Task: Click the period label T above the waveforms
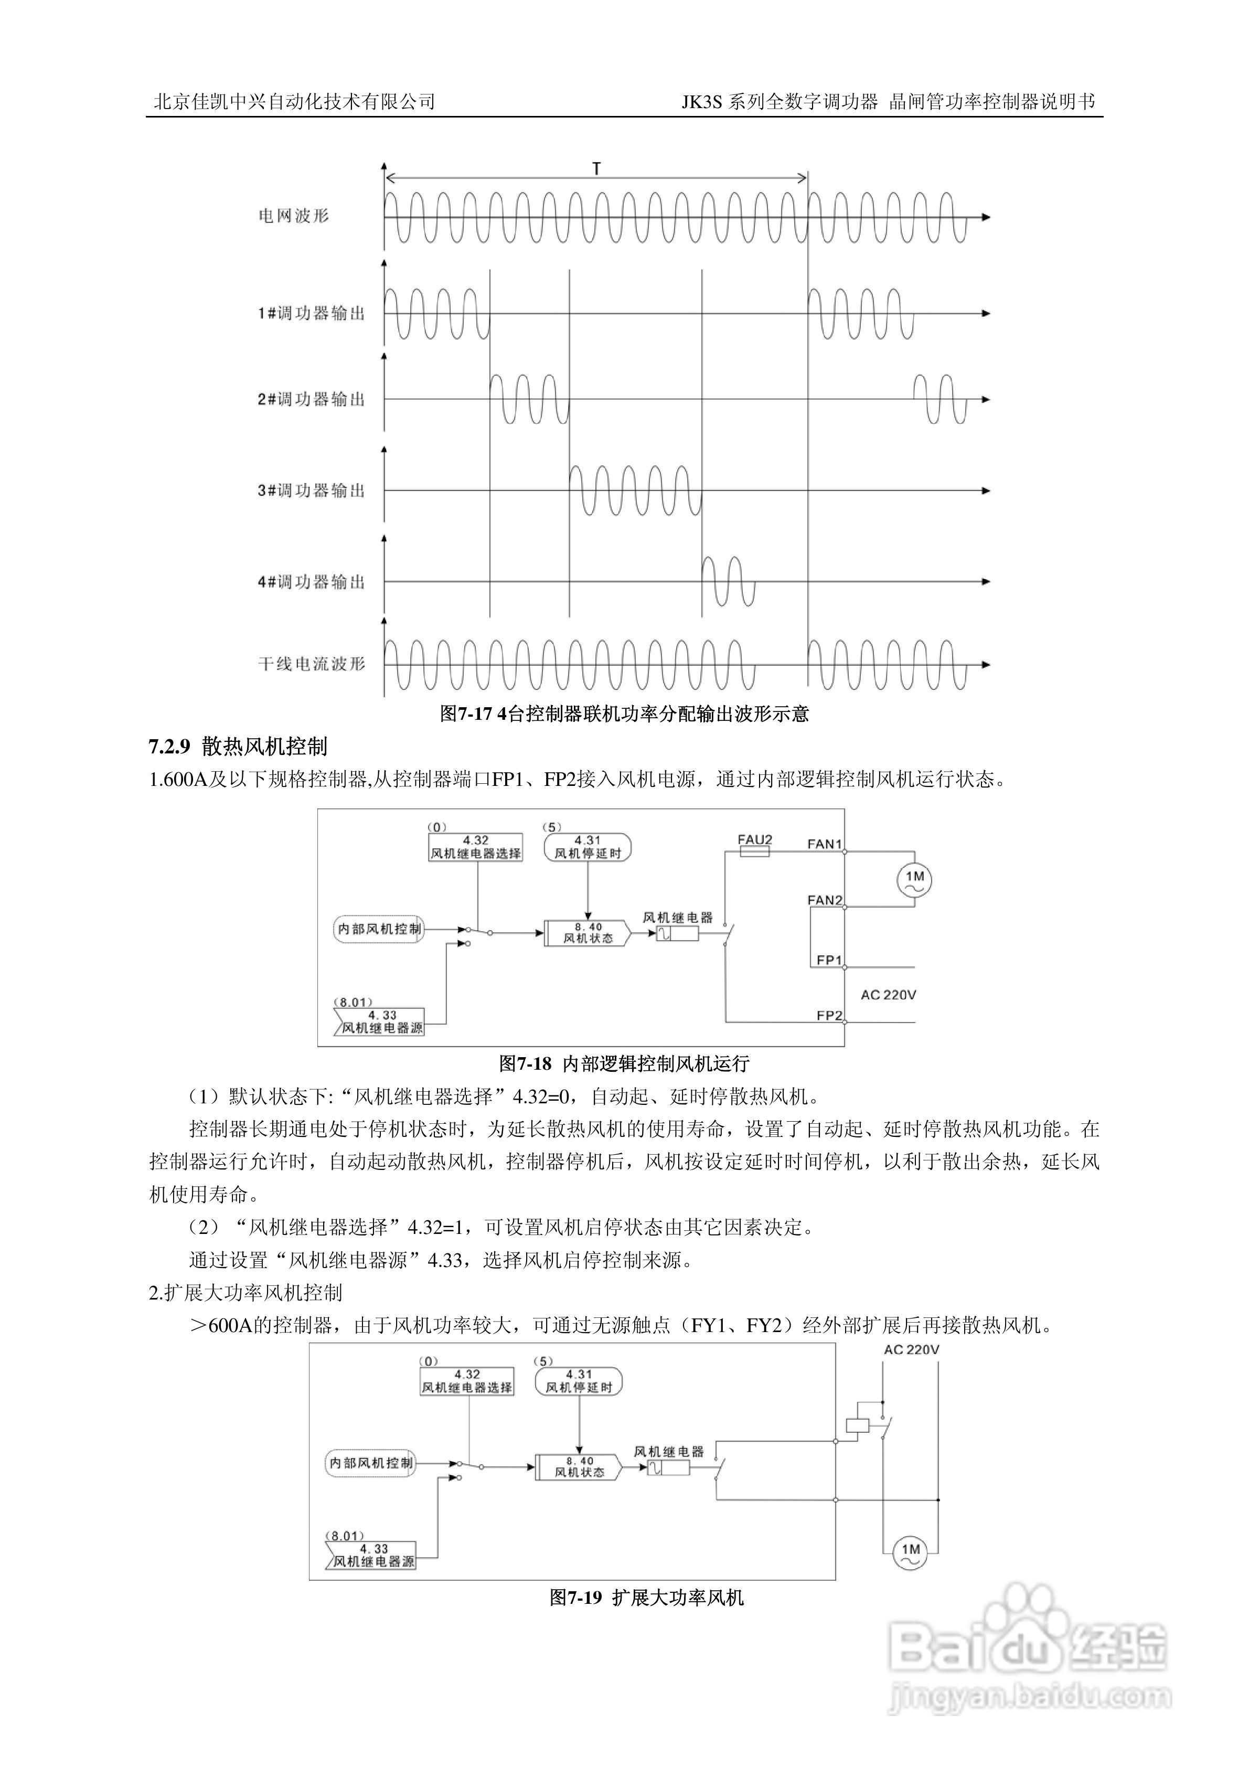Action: [x=596, y=168]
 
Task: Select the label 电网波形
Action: [x=294, y=216]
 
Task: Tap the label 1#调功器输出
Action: [x=311, y=313]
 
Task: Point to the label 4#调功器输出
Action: [x=311, y=582]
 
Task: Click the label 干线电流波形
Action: [x=311, y=664]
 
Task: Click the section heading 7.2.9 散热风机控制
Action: [x=238, y=747]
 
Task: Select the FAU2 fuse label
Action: [x=754, y=840]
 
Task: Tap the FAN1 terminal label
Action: [x=824, y=844]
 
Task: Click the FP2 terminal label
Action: [x=829, y=1016]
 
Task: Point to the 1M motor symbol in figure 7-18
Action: [x=914, y=879]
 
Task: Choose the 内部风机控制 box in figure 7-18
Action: [x=379, y=929]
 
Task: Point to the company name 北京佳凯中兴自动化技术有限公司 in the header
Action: [x=295, y=102]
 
